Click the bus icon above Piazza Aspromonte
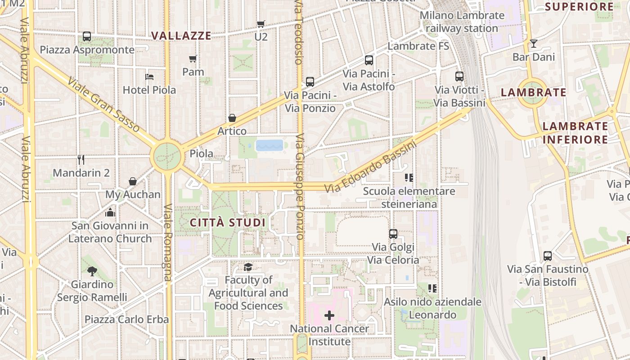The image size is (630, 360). (87, 36)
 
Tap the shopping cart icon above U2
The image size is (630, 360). (261, 24)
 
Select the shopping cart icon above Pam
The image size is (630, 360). (193, 58)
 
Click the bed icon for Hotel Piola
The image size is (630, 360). (149, 77)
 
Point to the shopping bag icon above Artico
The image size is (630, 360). (232, 118)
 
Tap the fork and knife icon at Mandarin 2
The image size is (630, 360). (81, 159)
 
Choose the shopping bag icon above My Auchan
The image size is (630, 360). (133, 181)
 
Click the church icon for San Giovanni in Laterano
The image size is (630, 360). (110, 212)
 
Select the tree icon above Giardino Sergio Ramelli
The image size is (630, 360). (92, 271)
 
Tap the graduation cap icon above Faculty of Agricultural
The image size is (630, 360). (248, 267)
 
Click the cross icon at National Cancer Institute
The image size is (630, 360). (329, 315)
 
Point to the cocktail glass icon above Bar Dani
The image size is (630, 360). (534, 44)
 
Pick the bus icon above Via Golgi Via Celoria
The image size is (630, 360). (393, 234)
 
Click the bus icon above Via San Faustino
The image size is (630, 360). (548, 256)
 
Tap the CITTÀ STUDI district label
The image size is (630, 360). (228, 223)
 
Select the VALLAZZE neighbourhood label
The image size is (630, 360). (181, 36)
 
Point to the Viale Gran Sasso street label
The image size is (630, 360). (103, 105)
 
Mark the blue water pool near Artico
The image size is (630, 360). (270, 145)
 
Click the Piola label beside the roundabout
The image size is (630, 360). (201, 153)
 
